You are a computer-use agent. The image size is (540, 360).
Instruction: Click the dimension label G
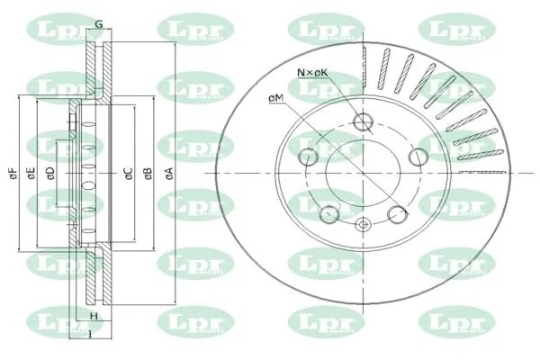[x=98, y=22]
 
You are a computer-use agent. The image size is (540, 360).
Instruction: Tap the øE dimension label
[x=31, y=171]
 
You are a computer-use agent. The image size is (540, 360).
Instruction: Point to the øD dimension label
[x=50, y=171]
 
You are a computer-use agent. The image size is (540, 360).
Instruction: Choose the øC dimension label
[x=129, y=171]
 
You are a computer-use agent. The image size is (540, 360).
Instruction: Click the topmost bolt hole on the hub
[x=364, y=122]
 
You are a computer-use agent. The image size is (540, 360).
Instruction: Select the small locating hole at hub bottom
[x=364, y=225]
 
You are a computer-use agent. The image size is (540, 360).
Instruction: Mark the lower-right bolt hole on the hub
[x=396, y=213]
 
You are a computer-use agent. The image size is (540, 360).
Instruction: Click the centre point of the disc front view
[x=364, y=171]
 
